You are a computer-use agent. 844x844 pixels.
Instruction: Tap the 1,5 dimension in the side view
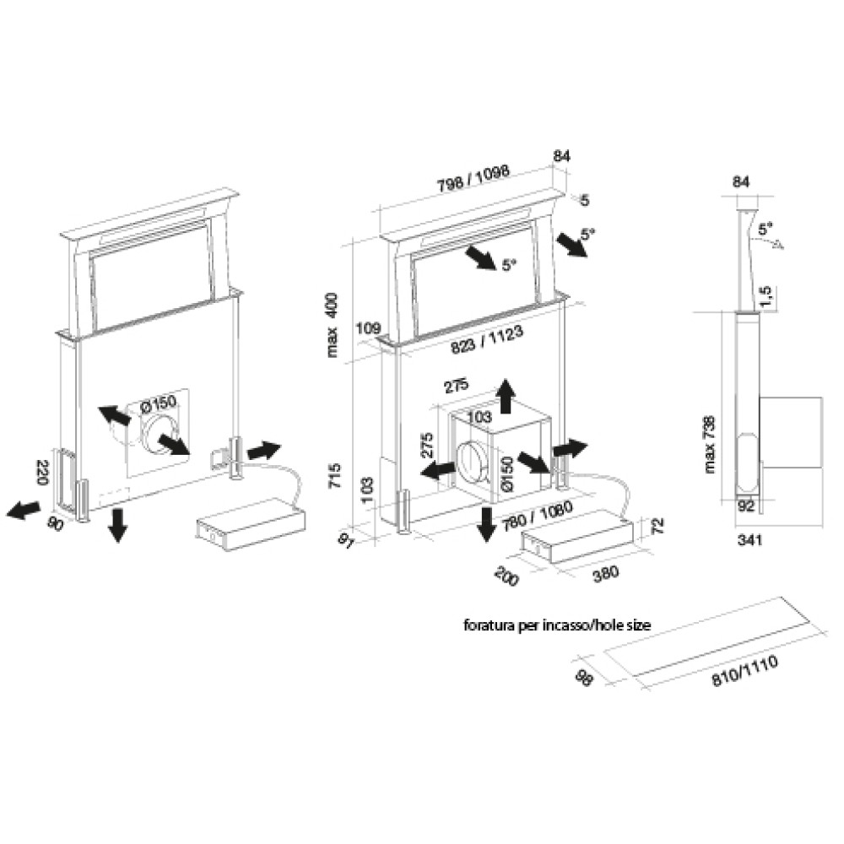765,295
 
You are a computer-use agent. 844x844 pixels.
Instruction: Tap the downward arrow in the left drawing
118,524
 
